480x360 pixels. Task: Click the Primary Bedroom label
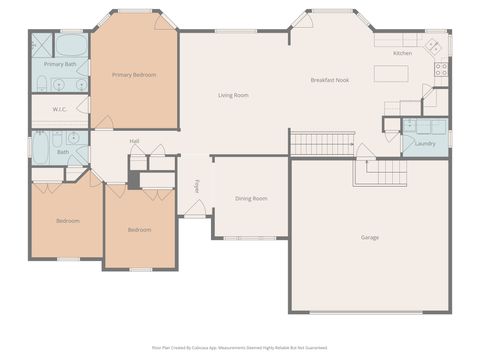133,75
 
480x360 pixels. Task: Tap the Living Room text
233,95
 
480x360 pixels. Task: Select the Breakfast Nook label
329,80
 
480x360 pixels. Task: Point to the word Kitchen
402,53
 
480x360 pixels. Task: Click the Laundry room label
425,144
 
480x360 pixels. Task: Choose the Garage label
370,237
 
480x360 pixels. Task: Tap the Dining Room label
251,199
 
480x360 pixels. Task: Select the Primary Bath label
60,64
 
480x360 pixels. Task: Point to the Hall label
134,141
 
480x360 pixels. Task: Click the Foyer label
197,186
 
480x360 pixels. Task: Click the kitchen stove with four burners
440,69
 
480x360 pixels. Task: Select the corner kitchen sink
433,46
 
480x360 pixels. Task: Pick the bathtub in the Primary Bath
69,46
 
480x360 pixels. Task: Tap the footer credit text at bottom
239,348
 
